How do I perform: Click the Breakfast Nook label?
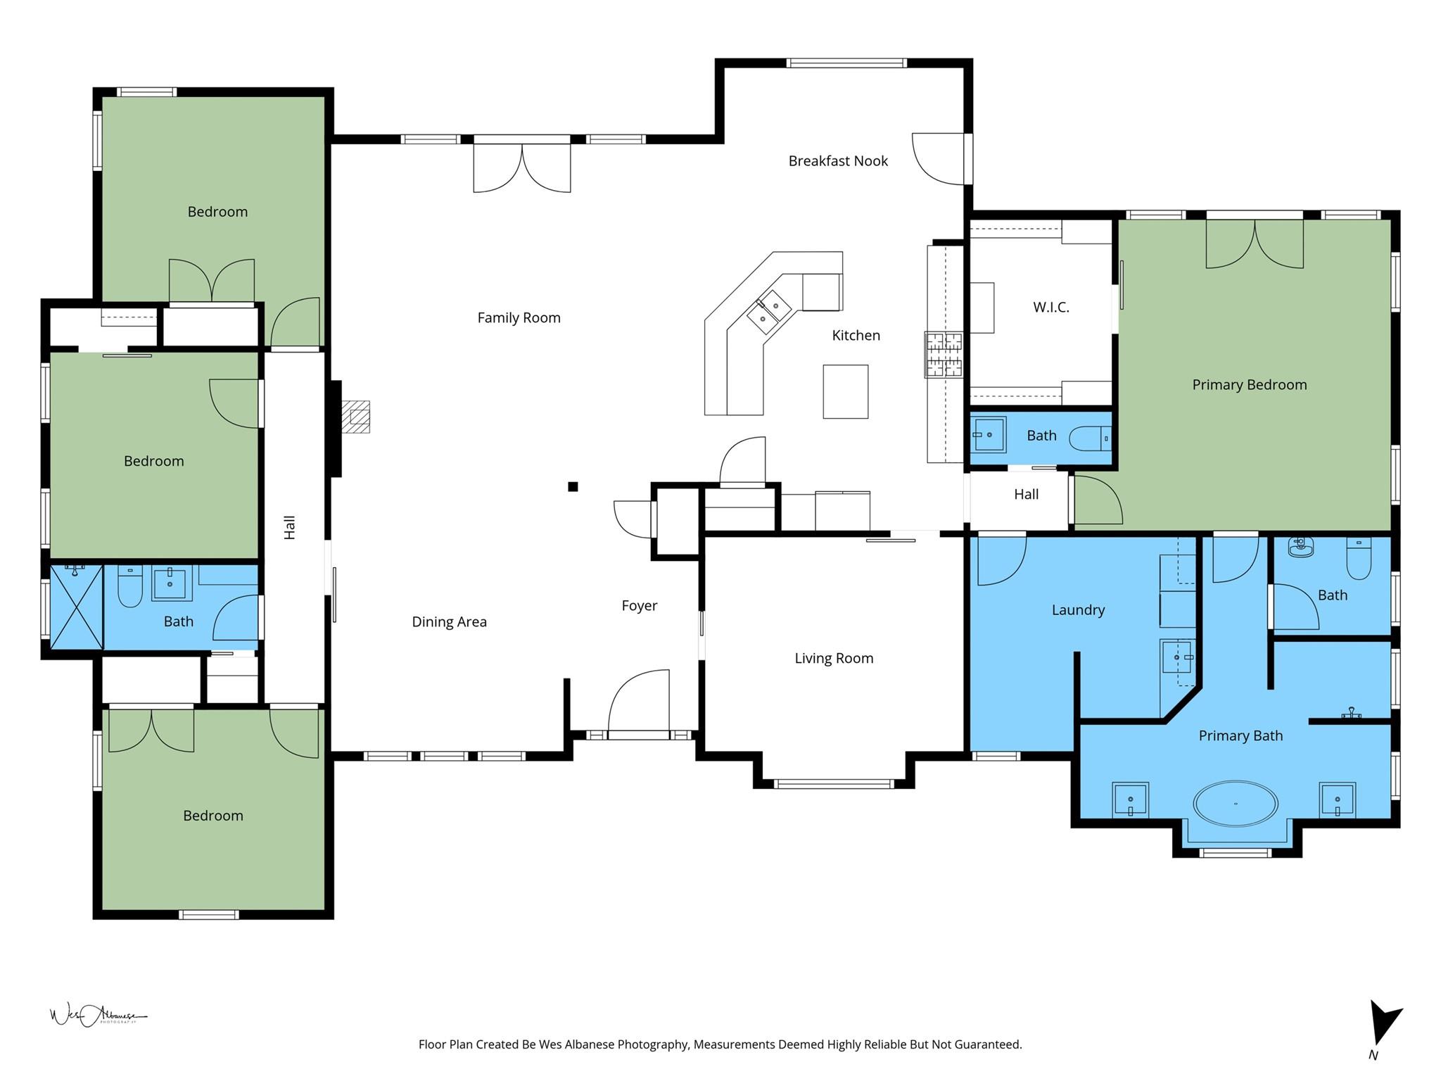838,161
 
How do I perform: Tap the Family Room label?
519,318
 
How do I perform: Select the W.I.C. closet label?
1050,308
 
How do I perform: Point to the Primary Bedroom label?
1249,385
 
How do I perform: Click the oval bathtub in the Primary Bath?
1235,803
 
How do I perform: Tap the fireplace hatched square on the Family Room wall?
359,417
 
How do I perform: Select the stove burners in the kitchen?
944,355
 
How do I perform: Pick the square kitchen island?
845,391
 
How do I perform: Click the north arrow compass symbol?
1383,1032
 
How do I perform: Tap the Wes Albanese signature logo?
98,1016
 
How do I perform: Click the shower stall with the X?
76,607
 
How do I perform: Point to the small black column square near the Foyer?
573,486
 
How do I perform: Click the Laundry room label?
1078,610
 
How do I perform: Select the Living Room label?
834,659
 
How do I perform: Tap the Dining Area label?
449,622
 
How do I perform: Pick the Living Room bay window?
834,783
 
